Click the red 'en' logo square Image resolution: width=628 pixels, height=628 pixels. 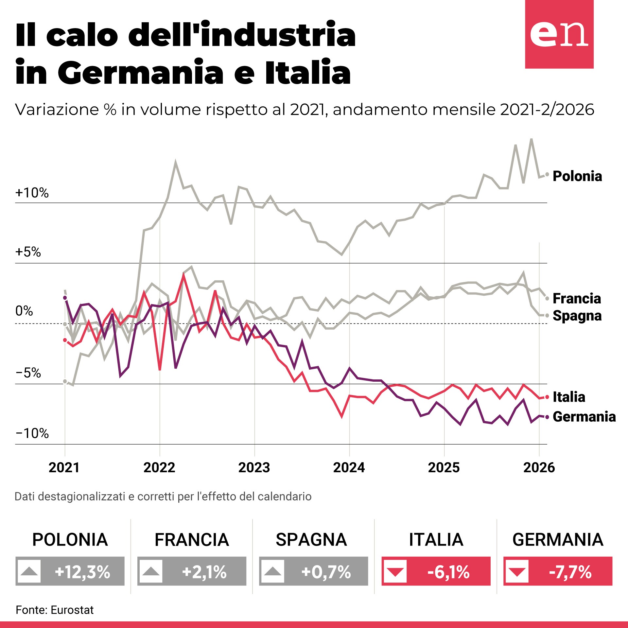coord(559,34)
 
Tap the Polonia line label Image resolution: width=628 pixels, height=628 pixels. coord(577,176)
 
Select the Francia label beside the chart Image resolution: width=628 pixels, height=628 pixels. coord(577,299)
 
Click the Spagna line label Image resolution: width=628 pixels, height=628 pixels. coord(577,316)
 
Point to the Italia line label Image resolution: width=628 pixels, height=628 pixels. coord(569,397)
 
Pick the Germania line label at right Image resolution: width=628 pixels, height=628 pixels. coord(584,417)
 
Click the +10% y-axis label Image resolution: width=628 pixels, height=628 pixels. coord(32,193)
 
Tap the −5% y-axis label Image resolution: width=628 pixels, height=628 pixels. coord(28,373)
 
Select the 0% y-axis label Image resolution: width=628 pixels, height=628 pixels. coord(24,311)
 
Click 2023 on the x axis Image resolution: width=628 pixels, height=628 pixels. coord(254,468)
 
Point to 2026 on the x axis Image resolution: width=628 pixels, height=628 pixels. coord(539,468)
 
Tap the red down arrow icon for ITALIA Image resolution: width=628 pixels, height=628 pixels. coord(395,571)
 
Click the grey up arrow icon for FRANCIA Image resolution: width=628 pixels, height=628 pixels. coord(151,571)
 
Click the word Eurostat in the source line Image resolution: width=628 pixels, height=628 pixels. coord(72,610)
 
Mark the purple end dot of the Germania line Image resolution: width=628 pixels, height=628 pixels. coord(547,417)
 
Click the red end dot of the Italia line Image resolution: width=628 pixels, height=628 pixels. coord(547,397)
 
